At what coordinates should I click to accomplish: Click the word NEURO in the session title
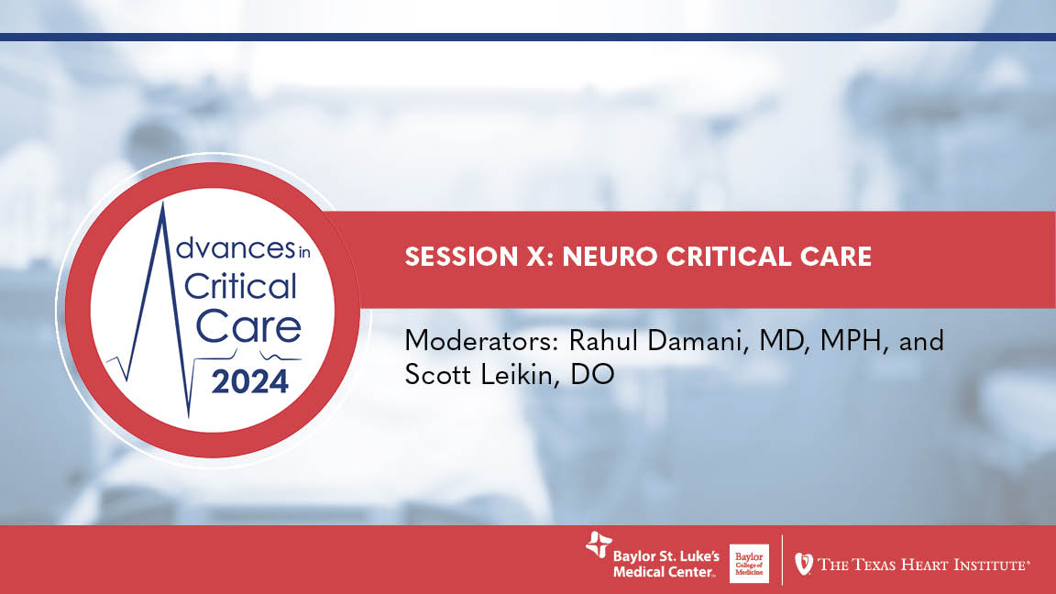(606, 257)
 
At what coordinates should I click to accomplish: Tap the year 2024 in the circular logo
(250, 379)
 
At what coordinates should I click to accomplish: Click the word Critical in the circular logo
(240, 287)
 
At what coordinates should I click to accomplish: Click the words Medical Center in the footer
(664, 573)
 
